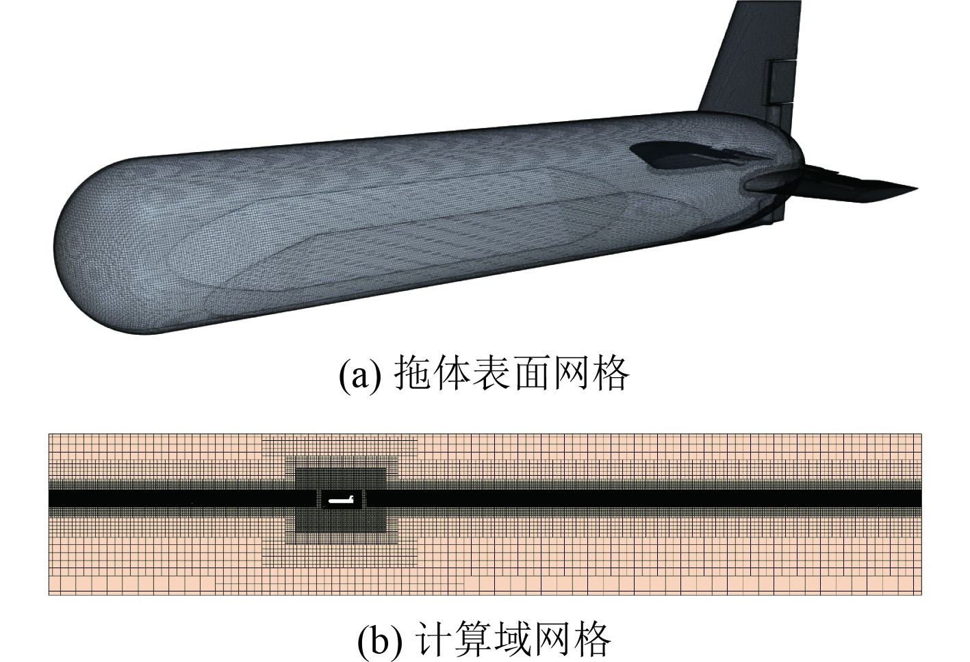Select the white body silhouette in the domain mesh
(340, 501)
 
